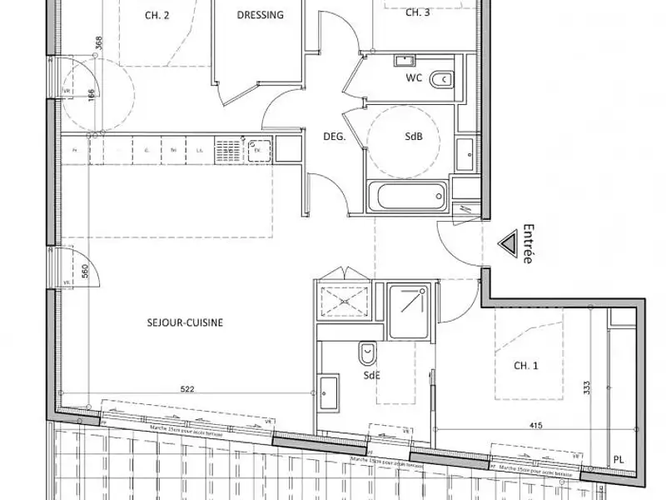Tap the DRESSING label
point(260,14)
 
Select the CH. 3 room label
point(417,12)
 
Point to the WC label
point(415,78)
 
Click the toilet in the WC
point(443,79)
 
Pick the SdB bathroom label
point(414,137)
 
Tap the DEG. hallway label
point(335,137)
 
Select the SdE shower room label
point(371,376)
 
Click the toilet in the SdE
point(366,354)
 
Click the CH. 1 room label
point(524,365)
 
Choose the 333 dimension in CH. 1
point(588,389)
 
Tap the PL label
point(617,459)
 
